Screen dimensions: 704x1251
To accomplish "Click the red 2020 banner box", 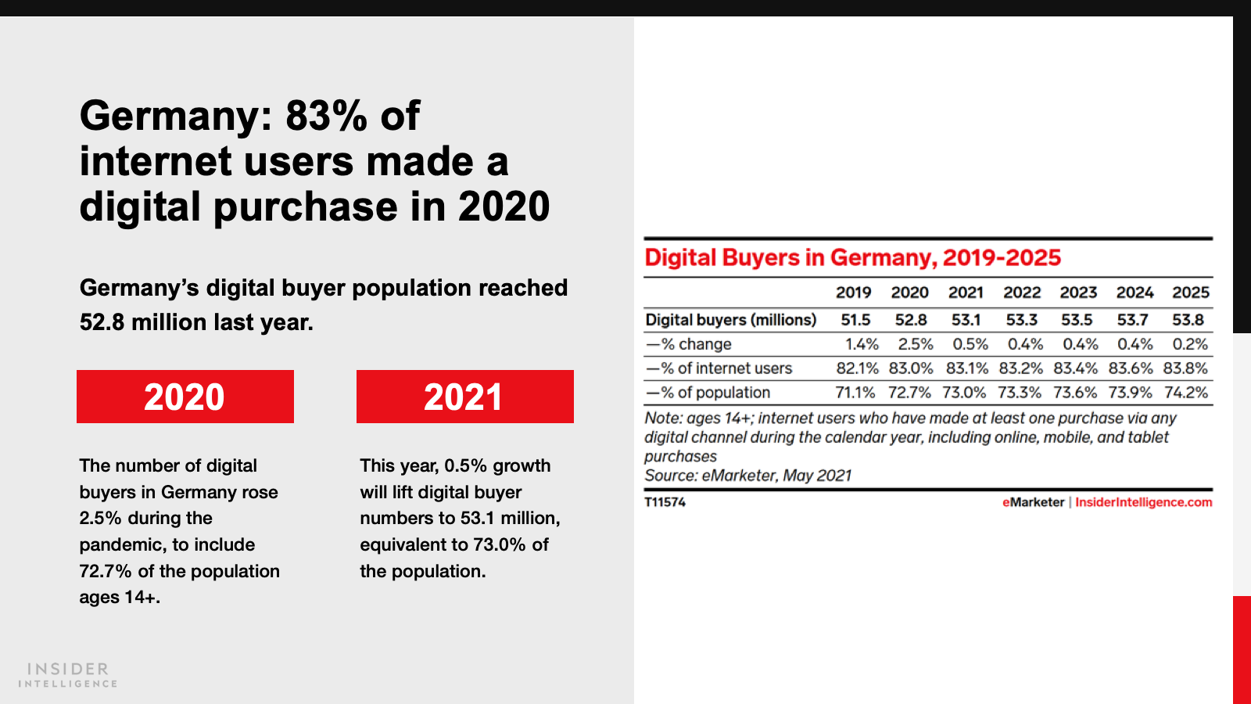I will click(x=185, y=397).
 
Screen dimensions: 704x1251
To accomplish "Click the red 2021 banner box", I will click(x=464, y=397).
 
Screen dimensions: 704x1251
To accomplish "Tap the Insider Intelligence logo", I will click(x=68, y=675).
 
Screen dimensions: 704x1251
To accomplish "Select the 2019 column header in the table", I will click(x=853, y=293).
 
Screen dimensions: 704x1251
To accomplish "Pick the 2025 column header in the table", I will click(x=1190, y=293).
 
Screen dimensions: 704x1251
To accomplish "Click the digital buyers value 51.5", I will click(x=855, y=320).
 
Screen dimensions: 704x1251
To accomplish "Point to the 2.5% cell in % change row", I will click(x=915, y=344).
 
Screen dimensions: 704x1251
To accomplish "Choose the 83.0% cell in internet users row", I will click(x=911, y=368).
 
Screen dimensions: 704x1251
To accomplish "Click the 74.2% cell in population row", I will click(x=1185, y=393).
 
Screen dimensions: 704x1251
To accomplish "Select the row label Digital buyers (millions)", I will click(x=730, y=320).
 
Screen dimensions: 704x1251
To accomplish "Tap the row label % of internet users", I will click(x=719, y=368).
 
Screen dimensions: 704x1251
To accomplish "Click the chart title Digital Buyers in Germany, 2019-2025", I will click(x=852, y=258).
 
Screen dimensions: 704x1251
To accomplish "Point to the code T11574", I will click(x=665, y=502).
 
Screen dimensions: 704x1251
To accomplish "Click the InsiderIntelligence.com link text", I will click(x=1143, y=502).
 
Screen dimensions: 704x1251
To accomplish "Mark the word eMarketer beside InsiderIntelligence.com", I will click(x=1033, y=502).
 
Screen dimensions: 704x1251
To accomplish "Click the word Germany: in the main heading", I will click(x=176, y=116).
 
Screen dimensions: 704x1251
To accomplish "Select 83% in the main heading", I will click(x=326, y=116).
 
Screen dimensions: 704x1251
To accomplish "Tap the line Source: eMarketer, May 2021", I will click(x=747, y=476).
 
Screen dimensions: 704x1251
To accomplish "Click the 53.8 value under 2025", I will click(x=1188, y=320).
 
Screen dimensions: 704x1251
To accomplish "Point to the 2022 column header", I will click(x=1022, y=293).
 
